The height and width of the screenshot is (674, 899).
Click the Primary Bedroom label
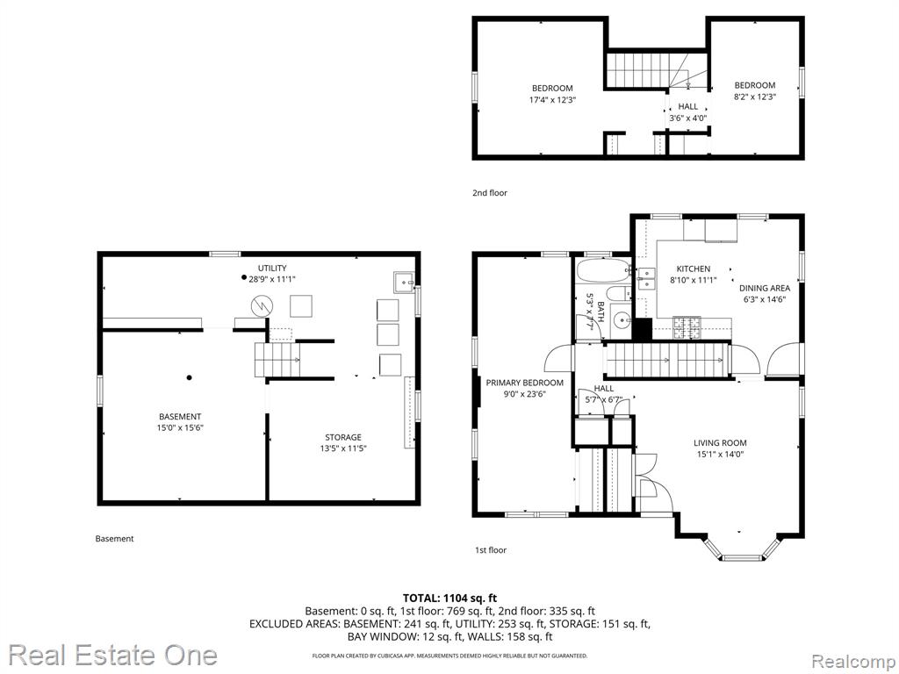[x=525, y=383]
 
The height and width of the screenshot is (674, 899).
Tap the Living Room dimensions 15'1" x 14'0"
[x=720, y=455]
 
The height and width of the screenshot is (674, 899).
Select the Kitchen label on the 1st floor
[x=694, y=269]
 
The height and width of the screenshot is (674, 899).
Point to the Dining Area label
[x=765, y=288]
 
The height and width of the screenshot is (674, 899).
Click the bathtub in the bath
[x=602, y=270]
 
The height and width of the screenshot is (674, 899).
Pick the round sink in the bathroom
[x=620, y=319]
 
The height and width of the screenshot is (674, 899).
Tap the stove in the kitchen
[x=687, y=327]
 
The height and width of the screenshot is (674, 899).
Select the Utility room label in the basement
[x=272, y=269]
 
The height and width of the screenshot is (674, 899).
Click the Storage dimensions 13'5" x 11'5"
[x=343, y=448]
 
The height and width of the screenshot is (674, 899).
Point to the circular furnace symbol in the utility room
[x=262, y=306]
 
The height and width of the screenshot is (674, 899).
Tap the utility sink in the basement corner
[x=404, y=282]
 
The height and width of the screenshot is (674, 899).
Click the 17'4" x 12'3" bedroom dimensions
[x=552, y=100]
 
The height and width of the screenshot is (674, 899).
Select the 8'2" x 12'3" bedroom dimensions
[x=754, y=97]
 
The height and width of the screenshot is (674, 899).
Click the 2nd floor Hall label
[x=688, y=106]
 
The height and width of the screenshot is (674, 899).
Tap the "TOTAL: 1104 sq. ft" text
[x=449, y=599]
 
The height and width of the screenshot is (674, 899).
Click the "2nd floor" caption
[x=490, y=193]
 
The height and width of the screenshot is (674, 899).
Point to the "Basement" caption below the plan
[x=114, y=539]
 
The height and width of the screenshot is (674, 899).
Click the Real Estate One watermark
[x=112, y=655]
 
